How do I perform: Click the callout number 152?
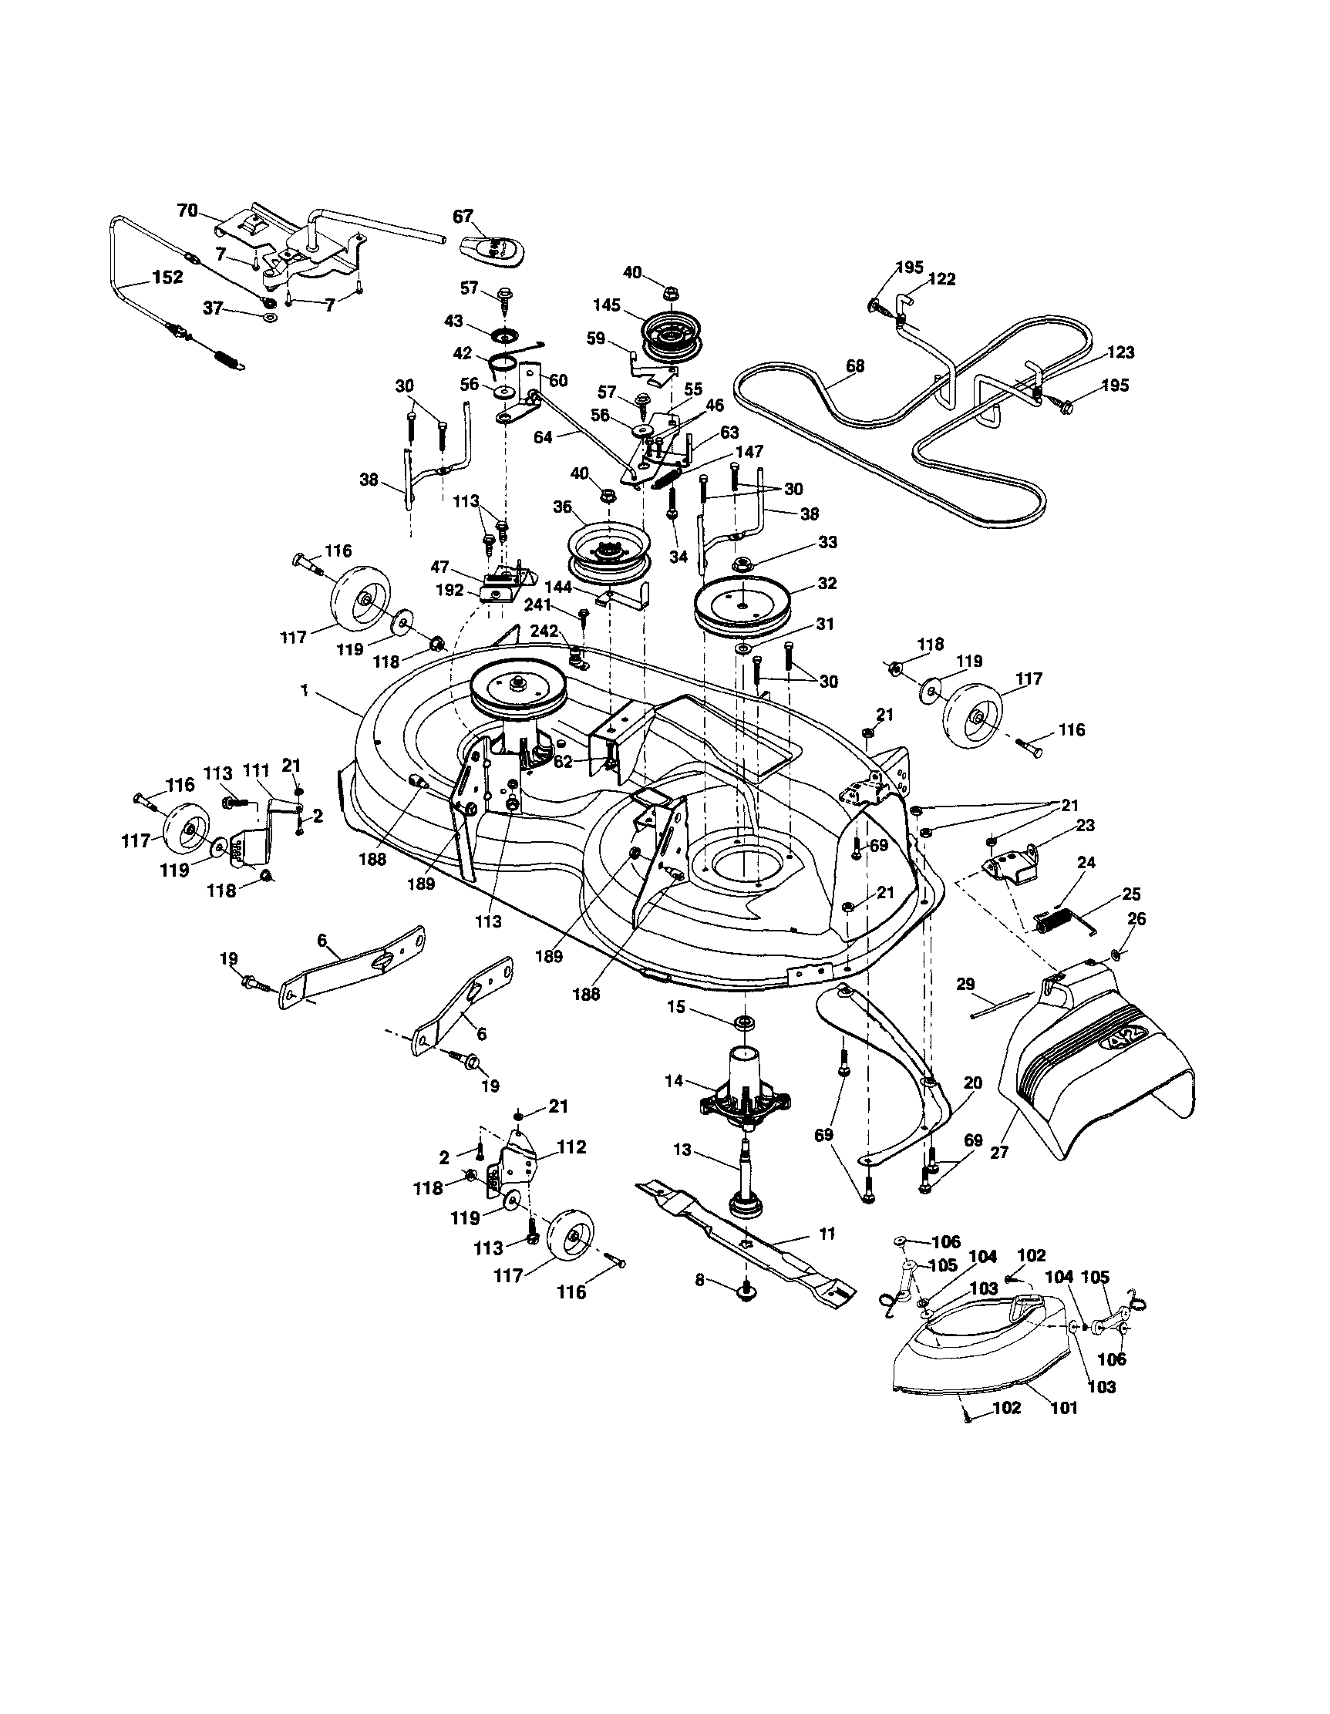(x=167, y=277)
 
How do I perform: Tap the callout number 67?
(x=463, y=217)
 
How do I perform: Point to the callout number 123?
(x=1120, y=352)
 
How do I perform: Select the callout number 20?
(x=972, y=1083)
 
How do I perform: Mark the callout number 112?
(x=571, y=1147)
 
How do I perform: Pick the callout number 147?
(x=749, y=452)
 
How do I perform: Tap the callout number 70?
(x=186, y=210)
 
